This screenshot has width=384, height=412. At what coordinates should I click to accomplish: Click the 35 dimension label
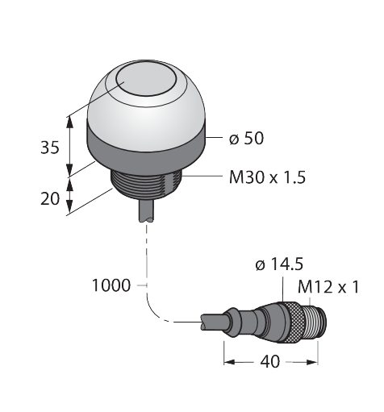pos(50,148)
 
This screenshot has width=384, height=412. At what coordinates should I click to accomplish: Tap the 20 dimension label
pos(50,199)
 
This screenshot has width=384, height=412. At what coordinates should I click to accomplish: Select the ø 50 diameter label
pos(246,139)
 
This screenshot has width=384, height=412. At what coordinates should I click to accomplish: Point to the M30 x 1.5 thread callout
pos(267,177)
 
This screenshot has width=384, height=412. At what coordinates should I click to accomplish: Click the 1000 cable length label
pos(111,285)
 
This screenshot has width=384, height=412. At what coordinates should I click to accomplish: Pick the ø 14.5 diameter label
pos(279,264)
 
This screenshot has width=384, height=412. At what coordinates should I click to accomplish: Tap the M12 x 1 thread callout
pos(328,287)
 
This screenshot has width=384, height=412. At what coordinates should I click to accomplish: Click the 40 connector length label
pos(270,361)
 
